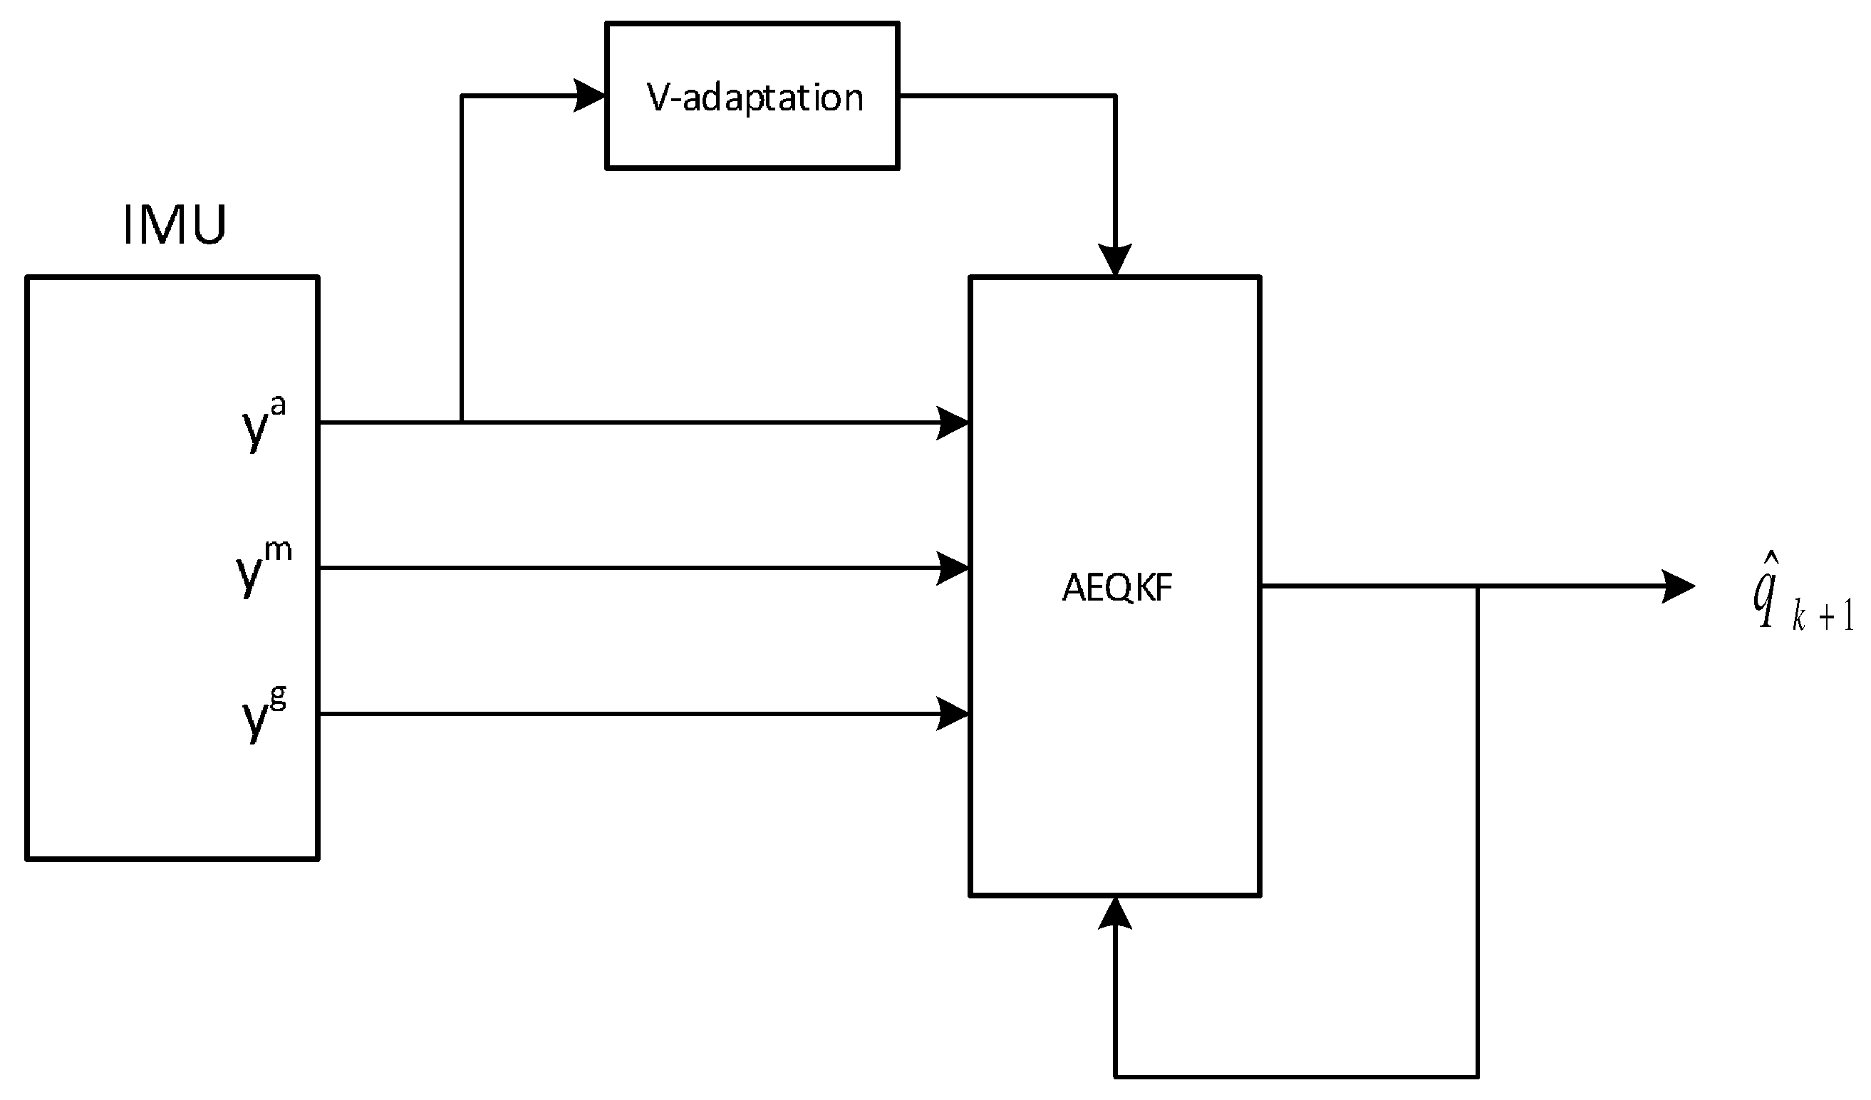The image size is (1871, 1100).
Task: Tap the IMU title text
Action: (175, 224)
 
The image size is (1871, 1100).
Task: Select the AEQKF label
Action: (1116, 588)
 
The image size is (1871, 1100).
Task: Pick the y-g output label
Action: (264, 714)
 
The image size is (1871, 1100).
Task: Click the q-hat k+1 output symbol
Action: (1801, 601)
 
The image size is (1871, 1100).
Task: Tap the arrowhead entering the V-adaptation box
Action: (590, 95)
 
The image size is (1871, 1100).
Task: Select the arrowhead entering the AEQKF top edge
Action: (1115, 260)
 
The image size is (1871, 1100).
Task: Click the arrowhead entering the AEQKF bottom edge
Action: (1115, 913)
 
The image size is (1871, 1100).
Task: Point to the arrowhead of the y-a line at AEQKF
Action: (953, 423)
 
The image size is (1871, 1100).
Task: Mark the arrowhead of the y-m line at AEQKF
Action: (953, 569)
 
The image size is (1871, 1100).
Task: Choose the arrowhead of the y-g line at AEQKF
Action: (953, 714)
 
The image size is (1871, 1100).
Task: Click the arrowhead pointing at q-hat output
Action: (1679, 586)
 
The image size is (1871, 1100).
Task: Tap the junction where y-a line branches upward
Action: (462, 422)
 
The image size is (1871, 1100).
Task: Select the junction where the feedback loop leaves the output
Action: (1478, 586)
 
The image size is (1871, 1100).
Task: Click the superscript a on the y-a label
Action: (279, 407)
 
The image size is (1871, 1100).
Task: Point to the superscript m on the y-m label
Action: (279, 551)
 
